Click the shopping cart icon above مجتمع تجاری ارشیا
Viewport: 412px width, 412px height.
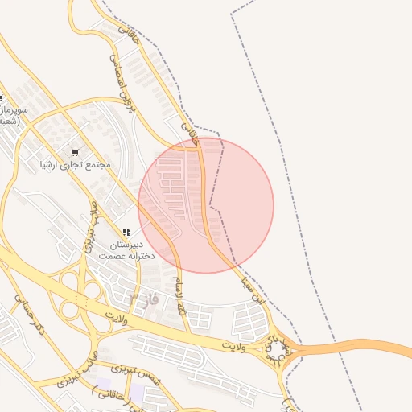(75, 152)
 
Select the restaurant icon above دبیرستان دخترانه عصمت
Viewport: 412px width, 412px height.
(126, 232)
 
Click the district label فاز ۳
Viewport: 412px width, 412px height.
(144, 299)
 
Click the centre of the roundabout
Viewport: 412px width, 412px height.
(279, 349)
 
